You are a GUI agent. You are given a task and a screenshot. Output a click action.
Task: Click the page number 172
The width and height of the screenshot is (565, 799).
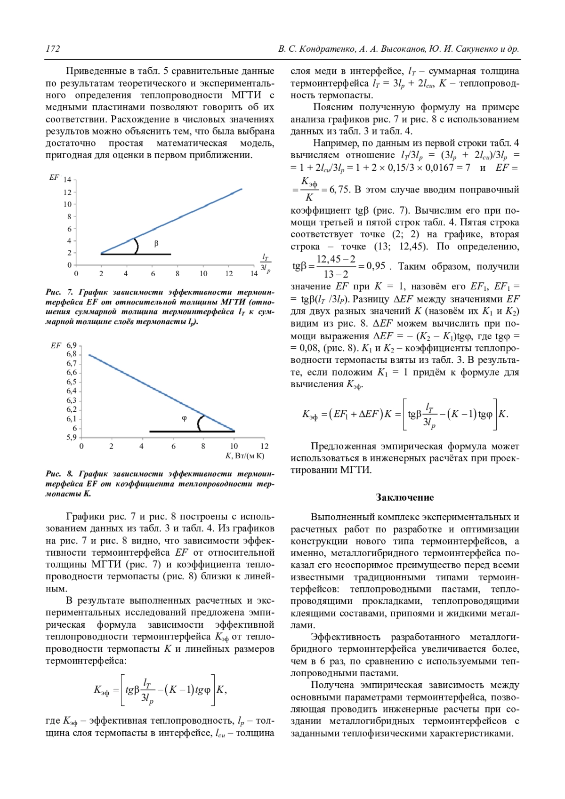tap(53, 49)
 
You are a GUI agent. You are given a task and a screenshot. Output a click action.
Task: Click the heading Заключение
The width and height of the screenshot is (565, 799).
tap(404, 497)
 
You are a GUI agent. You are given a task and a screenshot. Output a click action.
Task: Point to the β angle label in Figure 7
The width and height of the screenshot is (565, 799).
tap(156, 243)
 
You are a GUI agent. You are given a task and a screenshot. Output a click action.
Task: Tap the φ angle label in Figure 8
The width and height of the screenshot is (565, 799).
tap(184, 418)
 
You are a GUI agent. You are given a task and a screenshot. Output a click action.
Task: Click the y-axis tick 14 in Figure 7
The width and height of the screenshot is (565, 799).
tap(67, 180)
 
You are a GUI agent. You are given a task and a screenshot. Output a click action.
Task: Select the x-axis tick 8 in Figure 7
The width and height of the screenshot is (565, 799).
tap(178, 273)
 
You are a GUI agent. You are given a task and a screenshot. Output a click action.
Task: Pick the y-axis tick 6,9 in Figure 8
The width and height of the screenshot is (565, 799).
tap(71, 345)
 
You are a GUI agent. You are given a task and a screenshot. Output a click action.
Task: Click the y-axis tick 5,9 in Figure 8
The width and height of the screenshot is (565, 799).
tap(71, 437)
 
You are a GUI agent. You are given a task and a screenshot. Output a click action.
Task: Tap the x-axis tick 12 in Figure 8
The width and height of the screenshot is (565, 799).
tap(264, 446)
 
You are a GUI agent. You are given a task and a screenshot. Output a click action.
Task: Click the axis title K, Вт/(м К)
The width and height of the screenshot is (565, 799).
tap(245, 456)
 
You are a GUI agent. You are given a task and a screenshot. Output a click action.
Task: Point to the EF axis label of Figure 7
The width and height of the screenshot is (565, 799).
tap(54, 177)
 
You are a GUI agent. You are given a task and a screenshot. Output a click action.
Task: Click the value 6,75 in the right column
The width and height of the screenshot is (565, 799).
tap(339, 190)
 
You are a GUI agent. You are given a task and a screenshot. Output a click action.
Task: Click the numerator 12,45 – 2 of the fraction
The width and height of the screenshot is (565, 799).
tap(336, 259)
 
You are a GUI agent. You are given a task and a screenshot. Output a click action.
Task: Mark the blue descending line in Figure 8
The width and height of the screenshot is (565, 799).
tap(160, 392)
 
